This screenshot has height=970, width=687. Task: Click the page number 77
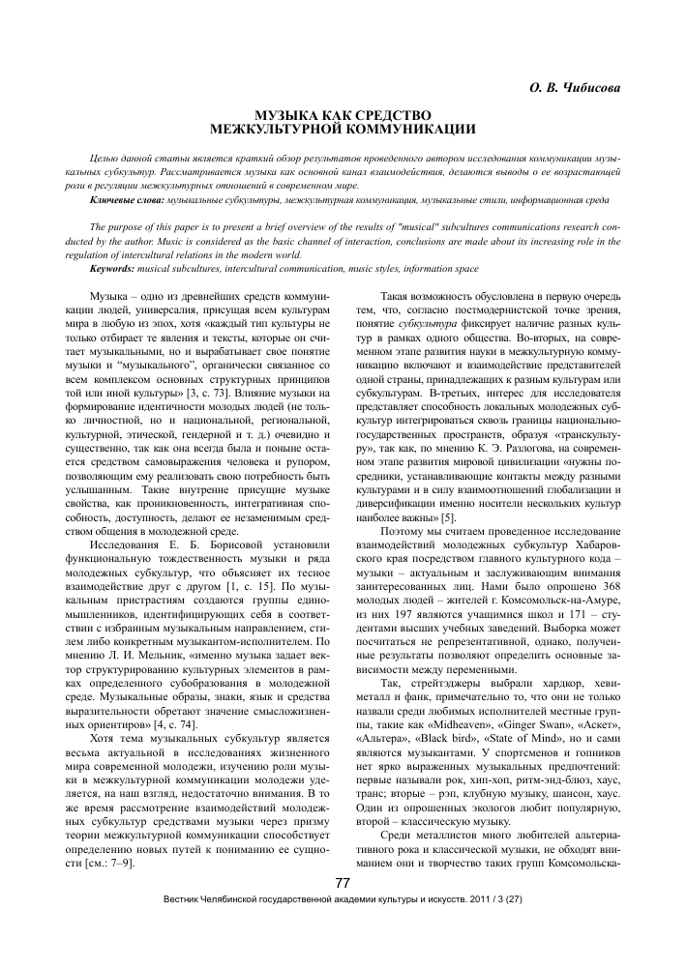[x=342, y=910]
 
